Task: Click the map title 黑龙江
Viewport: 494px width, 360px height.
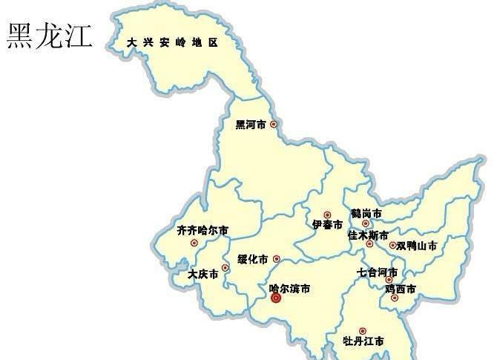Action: point(50,35)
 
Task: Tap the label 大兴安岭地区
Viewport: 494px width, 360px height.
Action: point(172,43)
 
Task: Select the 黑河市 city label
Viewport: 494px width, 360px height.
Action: point(251,125)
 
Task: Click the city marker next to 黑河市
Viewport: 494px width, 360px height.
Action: point(274,124)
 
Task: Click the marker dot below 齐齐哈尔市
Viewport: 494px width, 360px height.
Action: point(194,243)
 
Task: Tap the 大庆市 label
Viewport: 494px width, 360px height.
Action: point(203,274)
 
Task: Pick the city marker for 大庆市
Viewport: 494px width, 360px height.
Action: point(225,268)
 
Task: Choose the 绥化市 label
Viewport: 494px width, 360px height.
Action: point(252,259)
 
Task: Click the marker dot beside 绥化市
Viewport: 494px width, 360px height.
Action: point(277,259)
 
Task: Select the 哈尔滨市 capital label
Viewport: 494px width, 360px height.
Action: point(289,287)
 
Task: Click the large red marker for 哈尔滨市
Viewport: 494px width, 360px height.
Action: point(276,298)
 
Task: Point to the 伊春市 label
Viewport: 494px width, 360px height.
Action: point(327,225)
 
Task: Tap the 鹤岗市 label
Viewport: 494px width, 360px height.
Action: point(366,213)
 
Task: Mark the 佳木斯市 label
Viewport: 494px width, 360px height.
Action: point(368,235)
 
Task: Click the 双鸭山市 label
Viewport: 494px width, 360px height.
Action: point(417,246)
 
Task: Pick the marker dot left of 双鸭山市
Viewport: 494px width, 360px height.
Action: point(392,245)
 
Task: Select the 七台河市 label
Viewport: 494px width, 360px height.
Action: point(378,272)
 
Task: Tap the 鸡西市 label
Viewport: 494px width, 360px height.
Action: point(401,288)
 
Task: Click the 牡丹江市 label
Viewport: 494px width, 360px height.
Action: point(363,341)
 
